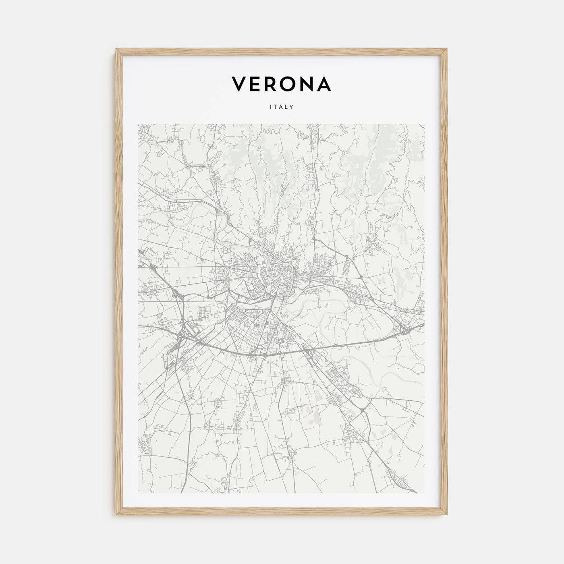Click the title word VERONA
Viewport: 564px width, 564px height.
coord(282,84)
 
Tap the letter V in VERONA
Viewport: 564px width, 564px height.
coord(238,84)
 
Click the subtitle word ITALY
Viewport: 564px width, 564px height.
coord(282,107)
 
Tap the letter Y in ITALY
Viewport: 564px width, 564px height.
coord(291,107)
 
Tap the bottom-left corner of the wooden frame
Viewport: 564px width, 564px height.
coord(117,515)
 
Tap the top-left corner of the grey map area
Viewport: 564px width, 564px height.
coord(139,124)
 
